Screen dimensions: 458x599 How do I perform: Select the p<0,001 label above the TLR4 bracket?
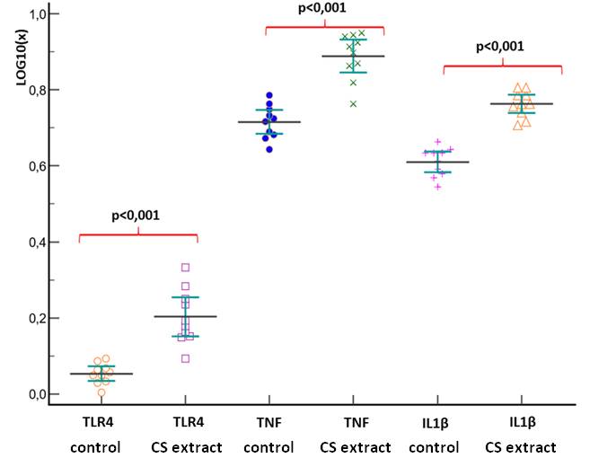137,216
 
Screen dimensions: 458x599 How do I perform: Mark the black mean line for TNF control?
269,122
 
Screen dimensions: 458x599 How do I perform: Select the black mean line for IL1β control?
437,162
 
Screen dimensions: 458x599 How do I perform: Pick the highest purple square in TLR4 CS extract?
186,267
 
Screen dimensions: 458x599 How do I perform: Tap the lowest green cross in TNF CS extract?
353,104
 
